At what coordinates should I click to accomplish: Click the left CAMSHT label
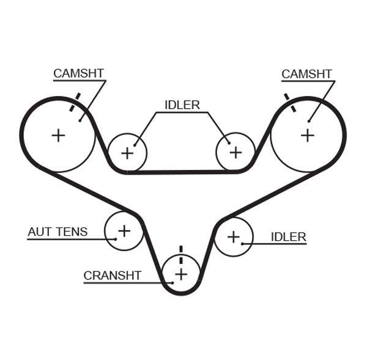click(x=78, y=73)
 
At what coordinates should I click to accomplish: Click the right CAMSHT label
click(x=306, y=74)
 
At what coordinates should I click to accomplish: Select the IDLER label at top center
click(x=182, y=105)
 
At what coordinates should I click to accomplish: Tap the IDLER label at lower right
click(x=288, y=237)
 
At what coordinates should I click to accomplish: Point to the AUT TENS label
click(x=57, y=232)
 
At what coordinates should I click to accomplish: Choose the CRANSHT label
click(x=113, y=276)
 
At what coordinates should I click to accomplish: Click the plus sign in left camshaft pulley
click(x=58, y=135)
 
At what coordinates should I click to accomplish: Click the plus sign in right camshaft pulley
click(x=307, y=135)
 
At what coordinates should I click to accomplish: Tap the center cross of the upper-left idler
click(x=127, y=153)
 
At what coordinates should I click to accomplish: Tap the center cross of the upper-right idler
click(x=235, y=152)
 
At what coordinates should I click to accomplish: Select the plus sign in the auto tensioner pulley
click(x=124, y=230)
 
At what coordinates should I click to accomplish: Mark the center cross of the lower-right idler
click(x=233, y=236)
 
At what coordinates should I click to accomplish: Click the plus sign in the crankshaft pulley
click(x=181, y=274)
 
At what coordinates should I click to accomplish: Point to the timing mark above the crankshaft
click(x=181, y=251)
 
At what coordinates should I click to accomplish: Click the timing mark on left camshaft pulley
click(x=75, y=102)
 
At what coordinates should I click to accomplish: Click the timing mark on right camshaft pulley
click(x=289, y=103)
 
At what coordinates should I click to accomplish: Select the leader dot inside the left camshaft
click(x=80, y=120)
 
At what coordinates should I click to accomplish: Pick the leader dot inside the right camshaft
click(x=310, y=120)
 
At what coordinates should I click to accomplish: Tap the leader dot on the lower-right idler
click(x=243, y=244)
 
